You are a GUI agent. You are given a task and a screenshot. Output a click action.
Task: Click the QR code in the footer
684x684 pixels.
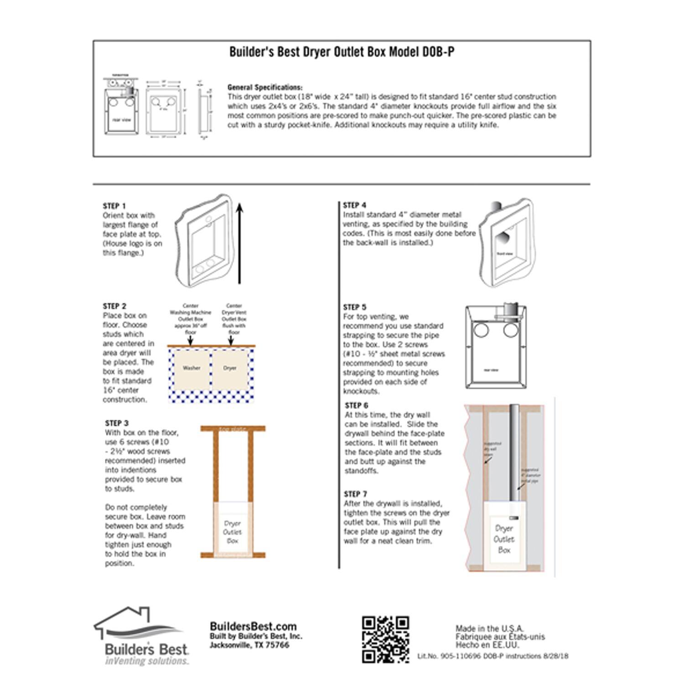[385, 639]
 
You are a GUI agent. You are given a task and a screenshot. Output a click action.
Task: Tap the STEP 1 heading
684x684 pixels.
[114, 206]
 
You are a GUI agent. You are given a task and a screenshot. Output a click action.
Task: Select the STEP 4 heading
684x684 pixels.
[354, 205]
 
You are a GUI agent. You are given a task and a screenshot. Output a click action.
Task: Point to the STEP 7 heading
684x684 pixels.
[355, 494]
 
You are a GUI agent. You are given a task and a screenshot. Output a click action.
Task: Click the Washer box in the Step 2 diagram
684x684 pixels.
[191, 368]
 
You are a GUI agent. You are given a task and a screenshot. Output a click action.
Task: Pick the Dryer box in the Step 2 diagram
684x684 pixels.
[230, 368]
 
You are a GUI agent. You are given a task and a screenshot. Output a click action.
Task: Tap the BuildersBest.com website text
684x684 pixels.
[253, 626]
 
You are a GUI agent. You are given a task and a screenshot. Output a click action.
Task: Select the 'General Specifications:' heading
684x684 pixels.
[264, 87]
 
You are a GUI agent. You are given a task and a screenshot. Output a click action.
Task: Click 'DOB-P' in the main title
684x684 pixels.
[438, 52]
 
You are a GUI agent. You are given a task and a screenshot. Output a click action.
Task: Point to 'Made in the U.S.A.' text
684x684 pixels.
[490, 629]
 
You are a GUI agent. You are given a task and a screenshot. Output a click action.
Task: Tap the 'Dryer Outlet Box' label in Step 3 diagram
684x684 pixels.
[233, 532]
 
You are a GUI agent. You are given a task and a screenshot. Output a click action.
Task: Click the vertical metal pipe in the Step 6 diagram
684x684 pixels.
[514, 451]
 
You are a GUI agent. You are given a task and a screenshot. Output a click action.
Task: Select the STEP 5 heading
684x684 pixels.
[354, 307]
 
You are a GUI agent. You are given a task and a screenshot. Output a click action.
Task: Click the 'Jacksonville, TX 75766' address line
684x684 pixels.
[249, 645]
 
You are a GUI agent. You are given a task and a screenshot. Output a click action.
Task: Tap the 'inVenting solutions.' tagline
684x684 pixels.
[147, 661]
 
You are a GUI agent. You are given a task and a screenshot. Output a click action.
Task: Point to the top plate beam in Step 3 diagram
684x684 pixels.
[233, 429]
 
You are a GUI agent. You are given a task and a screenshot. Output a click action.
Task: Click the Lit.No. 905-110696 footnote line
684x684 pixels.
[492, 656]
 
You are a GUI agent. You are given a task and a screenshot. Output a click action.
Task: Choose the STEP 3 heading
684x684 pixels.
[117, 423]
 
